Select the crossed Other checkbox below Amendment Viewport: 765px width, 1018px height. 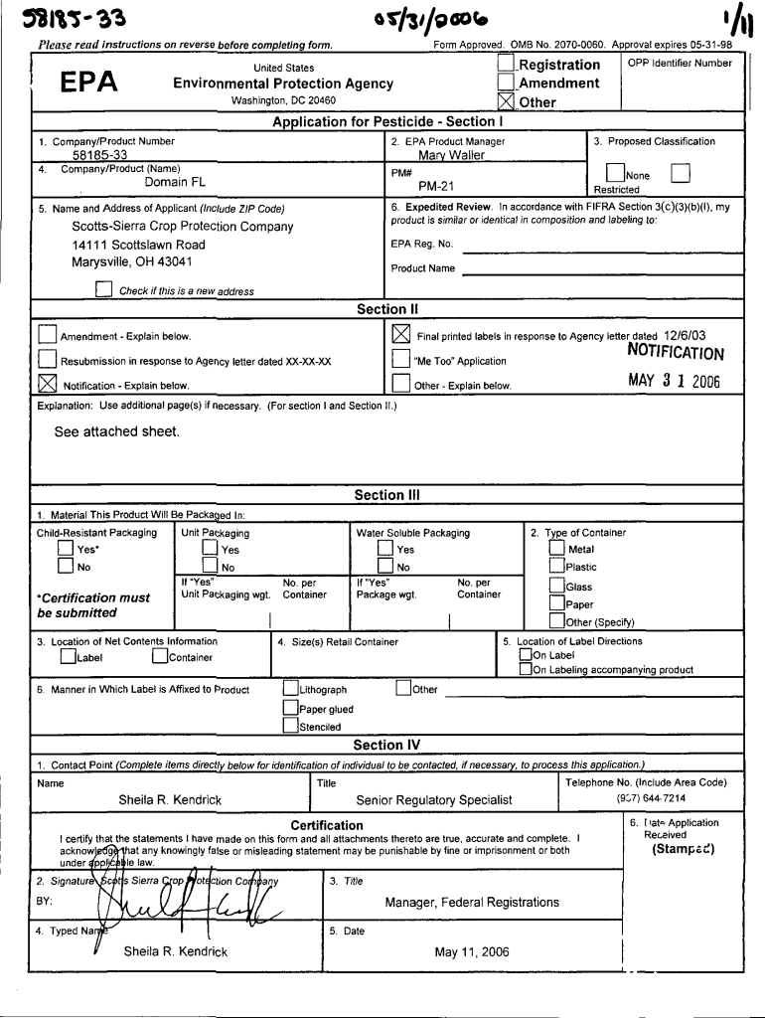tap(507, 101)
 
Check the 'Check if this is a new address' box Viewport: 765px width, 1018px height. tap(103, 290)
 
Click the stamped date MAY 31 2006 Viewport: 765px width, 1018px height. tap(674, 381)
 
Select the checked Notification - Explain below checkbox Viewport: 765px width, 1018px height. tap(47, 384)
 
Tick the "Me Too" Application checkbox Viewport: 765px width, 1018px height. tap(400, 359)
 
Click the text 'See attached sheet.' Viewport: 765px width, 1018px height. tap(117, 431)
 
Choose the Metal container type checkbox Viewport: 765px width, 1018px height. tap(556, 549)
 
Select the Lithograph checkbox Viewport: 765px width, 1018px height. tap(289, 689)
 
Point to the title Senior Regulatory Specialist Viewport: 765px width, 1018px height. tap(434, 799)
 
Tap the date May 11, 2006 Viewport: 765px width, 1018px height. tap(471, 951)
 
